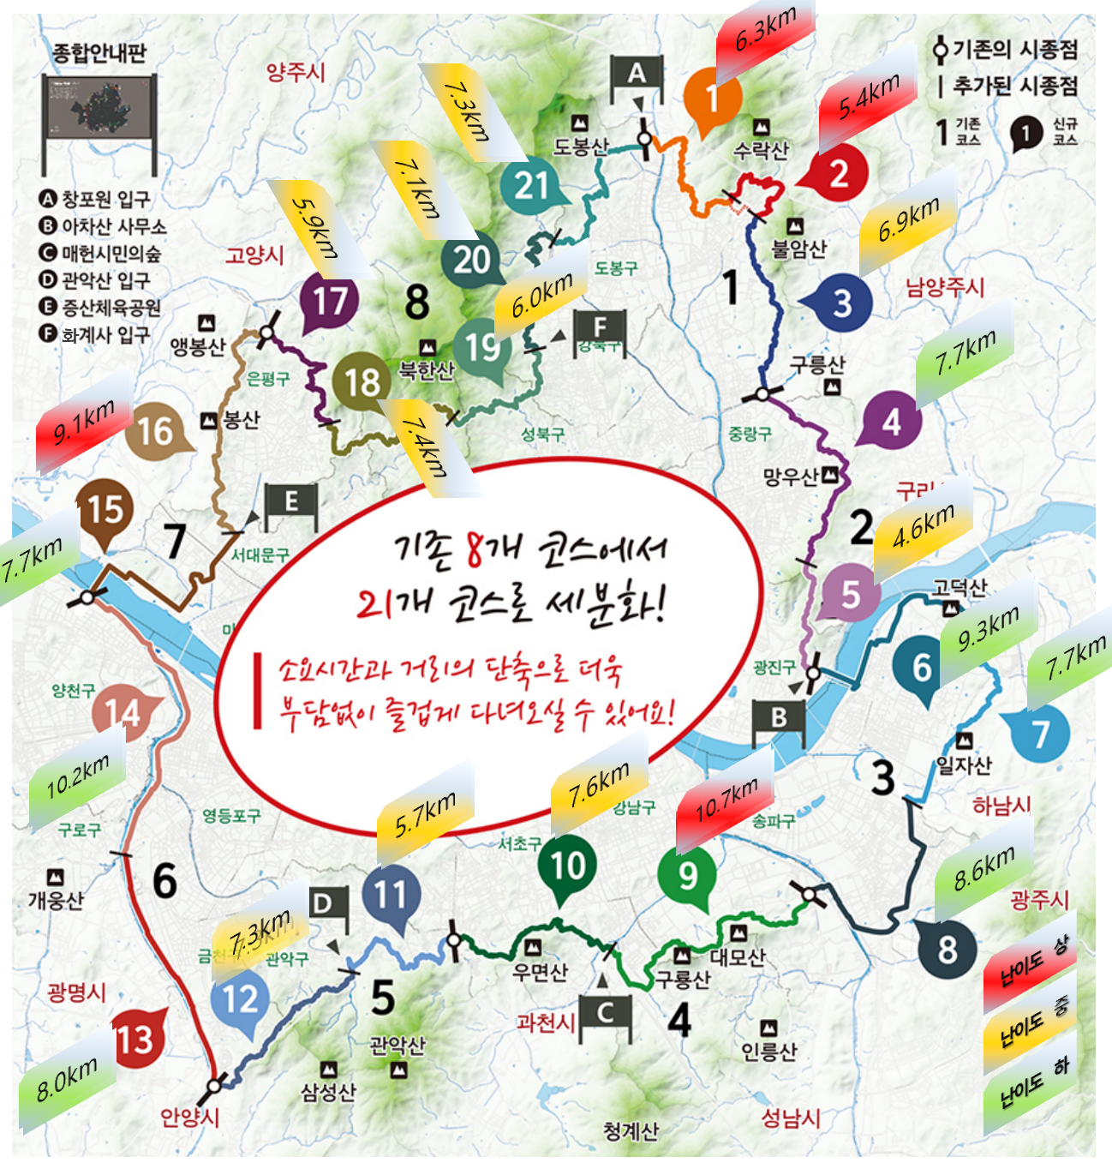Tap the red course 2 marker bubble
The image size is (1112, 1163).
coord(839,174)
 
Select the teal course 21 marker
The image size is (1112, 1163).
coord(531,185)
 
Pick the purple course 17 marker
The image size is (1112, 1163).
coord(330,301)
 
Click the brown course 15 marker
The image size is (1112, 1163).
coord(105,511)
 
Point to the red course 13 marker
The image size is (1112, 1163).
coord(134,1040)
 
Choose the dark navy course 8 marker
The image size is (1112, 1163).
coord(947,949)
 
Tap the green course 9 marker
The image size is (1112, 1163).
coord(687,875)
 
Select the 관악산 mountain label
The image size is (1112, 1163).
coord(397,1045)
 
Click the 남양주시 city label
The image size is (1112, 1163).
coord(945,287)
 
